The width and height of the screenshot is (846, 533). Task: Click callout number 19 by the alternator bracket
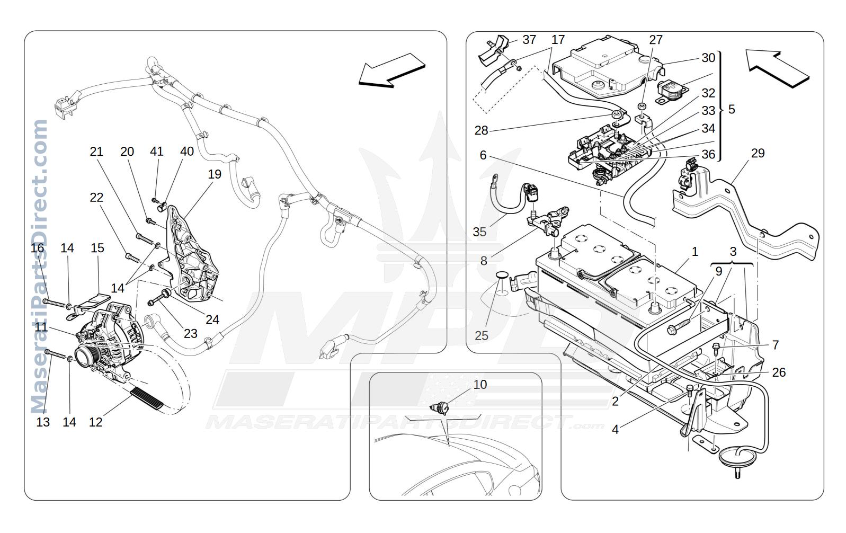tap(215, 174)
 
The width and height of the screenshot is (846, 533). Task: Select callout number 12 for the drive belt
tap(95, 422)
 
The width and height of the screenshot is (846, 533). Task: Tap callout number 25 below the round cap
tap(482, 335)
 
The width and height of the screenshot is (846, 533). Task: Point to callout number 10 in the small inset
tap(480, 385)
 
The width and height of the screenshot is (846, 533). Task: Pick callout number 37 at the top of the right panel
tap(530, 40)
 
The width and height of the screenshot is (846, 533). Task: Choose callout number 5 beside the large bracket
tap(732, 110)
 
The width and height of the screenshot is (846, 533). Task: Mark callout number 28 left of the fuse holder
tap(482, 130)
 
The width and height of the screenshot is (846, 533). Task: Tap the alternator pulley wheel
tap(86, 357)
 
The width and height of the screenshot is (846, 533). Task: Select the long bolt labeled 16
tap(55, 303)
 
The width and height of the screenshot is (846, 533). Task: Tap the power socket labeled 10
tap(440, 408)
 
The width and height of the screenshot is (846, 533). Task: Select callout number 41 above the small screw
tap(157, 151)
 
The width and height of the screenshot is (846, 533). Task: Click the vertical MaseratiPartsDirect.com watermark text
tap(39, 266)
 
